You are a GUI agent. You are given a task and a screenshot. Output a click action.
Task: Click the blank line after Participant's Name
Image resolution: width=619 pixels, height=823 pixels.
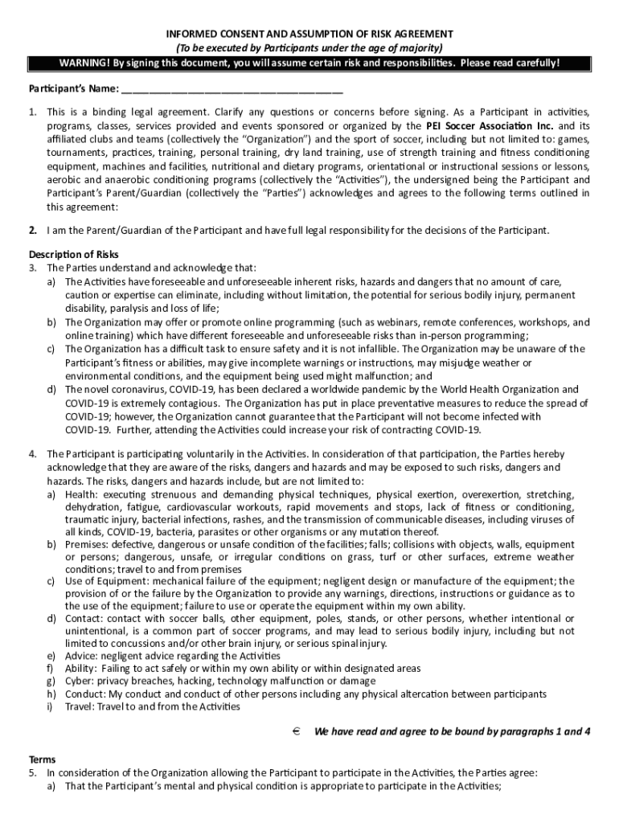tap(233, 89)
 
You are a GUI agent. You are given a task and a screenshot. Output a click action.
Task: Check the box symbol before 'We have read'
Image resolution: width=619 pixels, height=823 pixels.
tap(296, 731)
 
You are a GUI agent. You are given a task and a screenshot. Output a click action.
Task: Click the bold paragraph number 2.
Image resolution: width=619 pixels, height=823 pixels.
tap(33, 231)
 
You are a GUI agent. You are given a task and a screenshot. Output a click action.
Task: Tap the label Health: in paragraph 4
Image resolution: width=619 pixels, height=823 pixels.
tap(82, 494)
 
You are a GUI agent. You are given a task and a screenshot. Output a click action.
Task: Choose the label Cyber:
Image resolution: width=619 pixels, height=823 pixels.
tap(80, 681)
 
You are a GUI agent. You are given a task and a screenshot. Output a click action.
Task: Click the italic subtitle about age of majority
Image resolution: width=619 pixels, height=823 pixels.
tap(309, 47)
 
